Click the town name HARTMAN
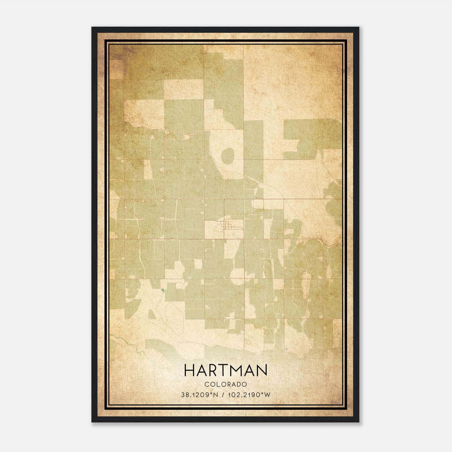(x=225, y=370)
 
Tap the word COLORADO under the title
(x=225, y=384)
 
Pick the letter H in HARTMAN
(x=189, y=370)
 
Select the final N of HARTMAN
(x=262, y=370)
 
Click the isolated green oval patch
(x=228, y=156)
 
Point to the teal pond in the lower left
(x=162, y=290)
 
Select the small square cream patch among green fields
(x=198, y=264)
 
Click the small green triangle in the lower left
(x=151, y=314)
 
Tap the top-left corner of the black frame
(x=92, y=28)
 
